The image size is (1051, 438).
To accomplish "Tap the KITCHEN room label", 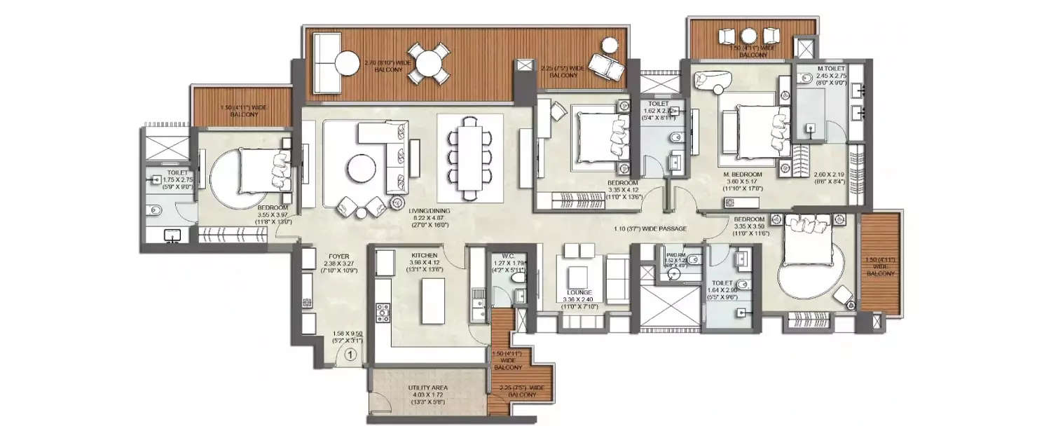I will pos(425,255).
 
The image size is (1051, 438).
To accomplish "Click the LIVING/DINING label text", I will pos(431,210).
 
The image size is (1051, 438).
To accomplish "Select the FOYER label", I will pos(338,256).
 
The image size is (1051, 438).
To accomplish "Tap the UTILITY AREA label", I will pos(428,387).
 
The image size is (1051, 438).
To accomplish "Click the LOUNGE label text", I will pos(579,292).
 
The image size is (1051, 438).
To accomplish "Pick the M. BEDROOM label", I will pos(743,174).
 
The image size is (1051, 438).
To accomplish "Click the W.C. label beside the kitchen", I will pos(509,256).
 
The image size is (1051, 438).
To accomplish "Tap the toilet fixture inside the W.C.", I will pos(519,278).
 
